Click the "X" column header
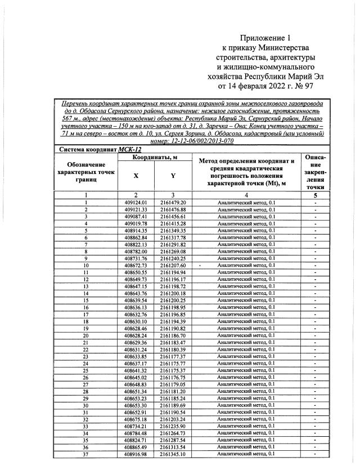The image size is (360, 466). coord(136,176)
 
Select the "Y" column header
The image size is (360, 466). coord(173,176)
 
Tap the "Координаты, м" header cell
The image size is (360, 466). coord(154,158)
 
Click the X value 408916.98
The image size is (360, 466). coord(136,454)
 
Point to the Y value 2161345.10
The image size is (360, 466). coord(173,454)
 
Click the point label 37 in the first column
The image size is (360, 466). coord(86,454)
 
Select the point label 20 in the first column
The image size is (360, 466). coord(86,335)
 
